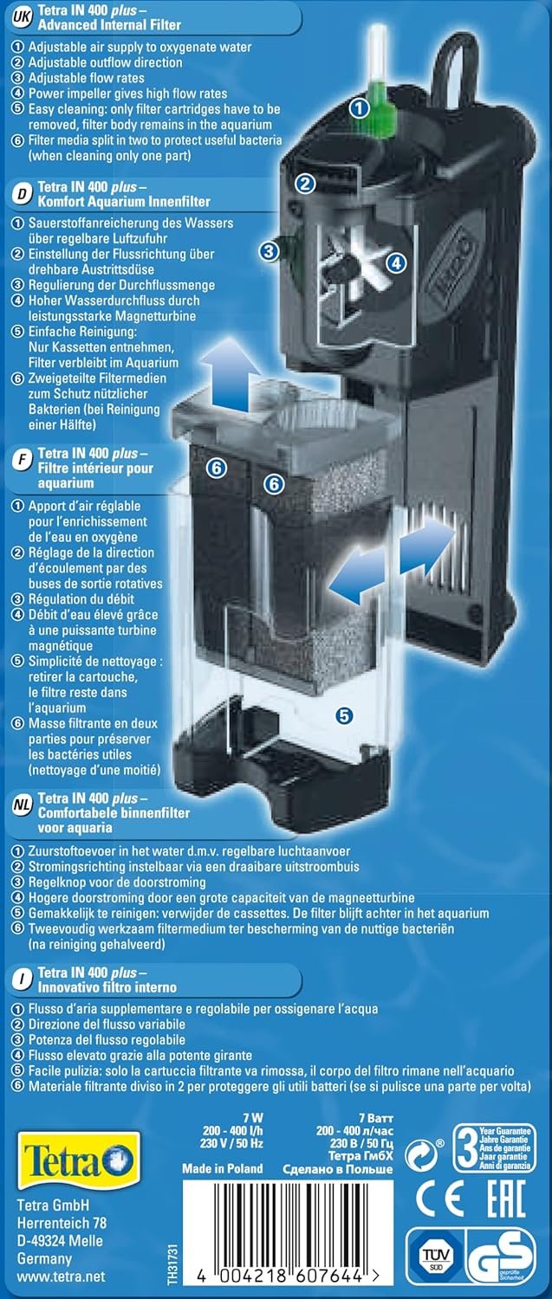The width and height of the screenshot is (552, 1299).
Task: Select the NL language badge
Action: coord(22,806)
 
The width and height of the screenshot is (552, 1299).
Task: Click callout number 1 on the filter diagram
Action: coord(360,108)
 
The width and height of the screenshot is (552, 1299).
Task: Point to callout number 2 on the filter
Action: coord(305,184)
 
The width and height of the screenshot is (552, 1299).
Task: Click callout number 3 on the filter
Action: coord(269,251)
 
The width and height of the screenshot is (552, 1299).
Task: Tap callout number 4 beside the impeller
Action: coord(396,262)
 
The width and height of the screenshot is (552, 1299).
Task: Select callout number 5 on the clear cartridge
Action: coord(344,716)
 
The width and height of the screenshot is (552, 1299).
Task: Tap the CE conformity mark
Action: coord(440,1199)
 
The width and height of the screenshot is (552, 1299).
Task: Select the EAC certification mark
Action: coord(505,1199)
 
